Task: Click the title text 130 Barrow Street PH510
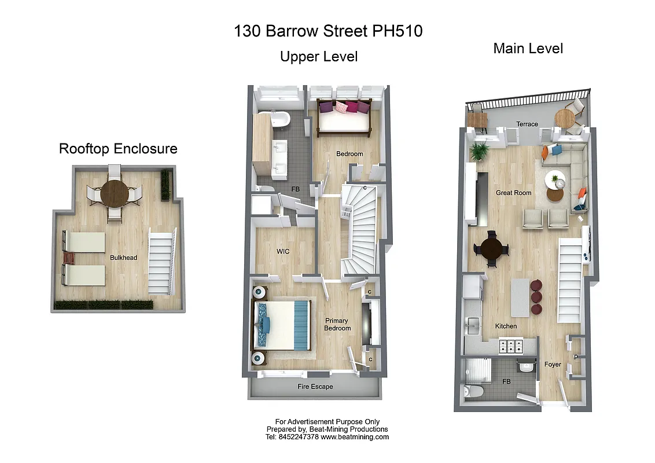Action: point(328,31)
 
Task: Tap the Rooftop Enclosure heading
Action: point(118,149)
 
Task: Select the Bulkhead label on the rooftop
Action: point(124,258)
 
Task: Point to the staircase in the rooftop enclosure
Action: point(161,260)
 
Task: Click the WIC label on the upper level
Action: point(283,251)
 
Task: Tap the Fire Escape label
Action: point(315,387)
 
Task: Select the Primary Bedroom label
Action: point(337,324)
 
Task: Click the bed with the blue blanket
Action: point(282,325)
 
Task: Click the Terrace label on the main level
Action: point(527,124)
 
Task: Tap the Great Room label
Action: point(513,193)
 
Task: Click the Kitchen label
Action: point(506,326)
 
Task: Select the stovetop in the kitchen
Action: point(511,346)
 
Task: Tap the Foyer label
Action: point(553,365)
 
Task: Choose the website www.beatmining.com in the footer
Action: point(355,437)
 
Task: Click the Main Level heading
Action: point(528,49)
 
